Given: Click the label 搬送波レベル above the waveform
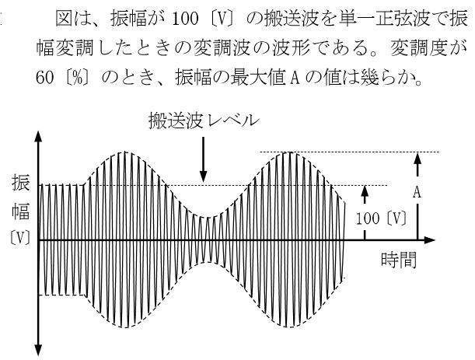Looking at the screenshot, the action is (204, 121).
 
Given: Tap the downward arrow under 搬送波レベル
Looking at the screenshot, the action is (203, 159).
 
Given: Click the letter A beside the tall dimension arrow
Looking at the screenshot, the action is (417, 192).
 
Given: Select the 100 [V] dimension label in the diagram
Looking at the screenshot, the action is (381, 218).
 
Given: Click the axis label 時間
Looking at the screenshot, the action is (399, 260).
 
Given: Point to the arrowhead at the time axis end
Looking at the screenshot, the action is (430, 240).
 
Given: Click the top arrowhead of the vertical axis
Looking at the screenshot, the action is (38, 137).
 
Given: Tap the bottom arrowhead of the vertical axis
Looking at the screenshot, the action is (38, 350).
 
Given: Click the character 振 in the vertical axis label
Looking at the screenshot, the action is (20, 183).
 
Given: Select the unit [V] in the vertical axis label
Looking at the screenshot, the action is (20, 237).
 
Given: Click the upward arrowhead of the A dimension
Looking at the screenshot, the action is (417, 159).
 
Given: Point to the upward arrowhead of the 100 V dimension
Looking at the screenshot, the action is (365, 191).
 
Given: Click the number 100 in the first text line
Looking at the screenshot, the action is (185, 19).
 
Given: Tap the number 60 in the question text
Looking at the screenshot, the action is (44, 78).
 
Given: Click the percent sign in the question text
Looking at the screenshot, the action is (78, 79).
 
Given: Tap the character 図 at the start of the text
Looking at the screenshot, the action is (65, 19).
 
